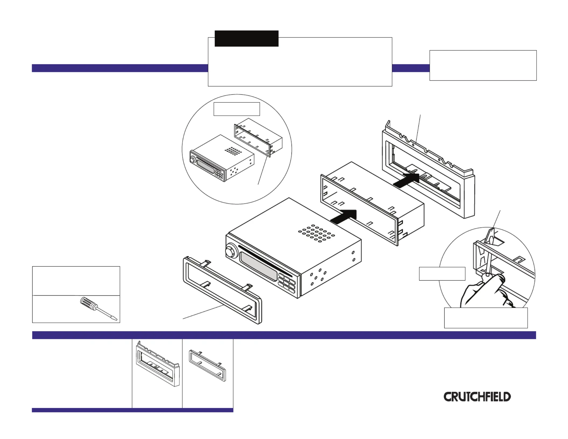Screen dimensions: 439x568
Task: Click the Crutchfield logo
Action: click(477, 397)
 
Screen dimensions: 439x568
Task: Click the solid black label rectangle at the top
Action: click(246, 38)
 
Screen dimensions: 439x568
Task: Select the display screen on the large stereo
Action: click(258, 266)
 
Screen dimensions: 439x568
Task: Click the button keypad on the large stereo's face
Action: click(287, 283)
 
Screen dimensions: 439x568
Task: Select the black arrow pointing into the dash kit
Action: click(406, 179)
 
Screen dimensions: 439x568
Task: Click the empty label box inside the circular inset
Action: click(237, 109)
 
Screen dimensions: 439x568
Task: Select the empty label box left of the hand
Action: click(442, 274)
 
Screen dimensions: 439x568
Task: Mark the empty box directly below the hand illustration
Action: click(486, 318)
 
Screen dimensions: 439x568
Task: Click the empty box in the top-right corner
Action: click(483, 65)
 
